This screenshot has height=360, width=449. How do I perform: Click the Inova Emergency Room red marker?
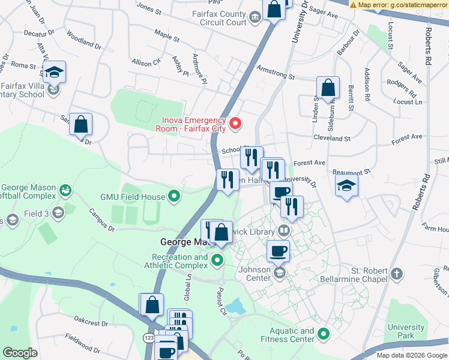pyautogui.click(x=236, y=124)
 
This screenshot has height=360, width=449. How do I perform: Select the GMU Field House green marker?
pyautogui.click(x=174, y=196)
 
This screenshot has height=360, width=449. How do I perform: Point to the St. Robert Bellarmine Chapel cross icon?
pyautogui.click(x=396, y=274)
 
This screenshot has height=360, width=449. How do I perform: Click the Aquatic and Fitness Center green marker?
pyautogui.click(x=324, y=334)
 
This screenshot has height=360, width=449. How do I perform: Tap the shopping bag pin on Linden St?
pyautogui.click(x=328, y=88)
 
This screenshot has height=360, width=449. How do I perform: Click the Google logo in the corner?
pyautogui.click(x=20, y=353)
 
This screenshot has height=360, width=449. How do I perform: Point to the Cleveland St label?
pyautogui.click(x=331, y=138)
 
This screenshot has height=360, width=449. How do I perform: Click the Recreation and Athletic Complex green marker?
pyautogui.click(x=217, y=260)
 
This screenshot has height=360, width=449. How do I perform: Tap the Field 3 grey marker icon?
pyautogui.click(x=58, y=213)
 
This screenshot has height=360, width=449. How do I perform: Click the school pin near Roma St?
pyautogui.click(x=54, y=72)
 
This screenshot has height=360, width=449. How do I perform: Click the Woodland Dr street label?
pyautogui.click(x=83, y=40)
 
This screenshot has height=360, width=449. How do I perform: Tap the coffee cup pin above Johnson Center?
pyautogui.click(x=277, y=251)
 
